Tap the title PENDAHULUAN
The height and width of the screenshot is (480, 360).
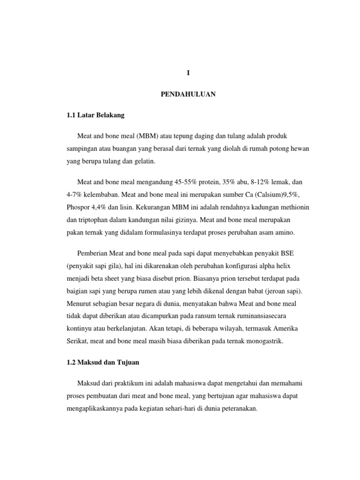tap(187, 94)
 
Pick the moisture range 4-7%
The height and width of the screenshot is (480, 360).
tap(75, 194)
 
